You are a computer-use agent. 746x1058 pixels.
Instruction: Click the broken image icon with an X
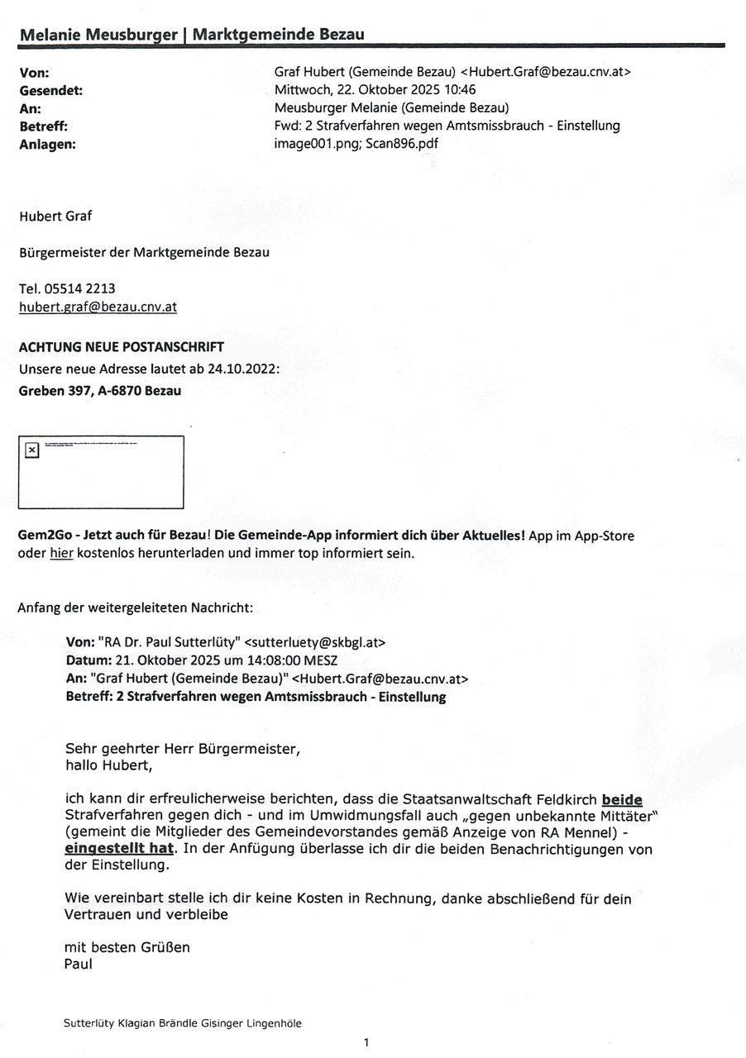click(x=31, y=450)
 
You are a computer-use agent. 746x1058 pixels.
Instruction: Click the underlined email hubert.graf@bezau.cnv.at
click(x=98, y=307)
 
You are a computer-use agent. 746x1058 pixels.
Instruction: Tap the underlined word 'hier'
click(x=62, y=553)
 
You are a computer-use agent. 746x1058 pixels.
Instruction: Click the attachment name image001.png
click(x=309, y=143)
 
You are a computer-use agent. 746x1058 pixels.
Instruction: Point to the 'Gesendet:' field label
click(x=50, y=90)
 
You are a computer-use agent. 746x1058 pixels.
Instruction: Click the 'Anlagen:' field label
click(x=46, y=143)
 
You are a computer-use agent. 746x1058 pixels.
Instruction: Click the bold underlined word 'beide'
click(x=622, y=800)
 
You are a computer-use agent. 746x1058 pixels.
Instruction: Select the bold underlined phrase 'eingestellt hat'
click(x=120, y=848)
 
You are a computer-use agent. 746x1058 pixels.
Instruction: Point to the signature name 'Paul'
click(x=79, y=964)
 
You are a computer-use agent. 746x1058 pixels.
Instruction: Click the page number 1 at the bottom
click(x=366, y=1042)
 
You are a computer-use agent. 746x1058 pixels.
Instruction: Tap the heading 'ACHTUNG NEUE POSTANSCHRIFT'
click(x=121, y=347)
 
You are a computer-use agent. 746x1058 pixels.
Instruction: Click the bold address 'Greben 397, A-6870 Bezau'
click(x=99, y=391)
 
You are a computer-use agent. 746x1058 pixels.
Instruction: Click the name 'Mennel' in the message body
click(x=587, y=832)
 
